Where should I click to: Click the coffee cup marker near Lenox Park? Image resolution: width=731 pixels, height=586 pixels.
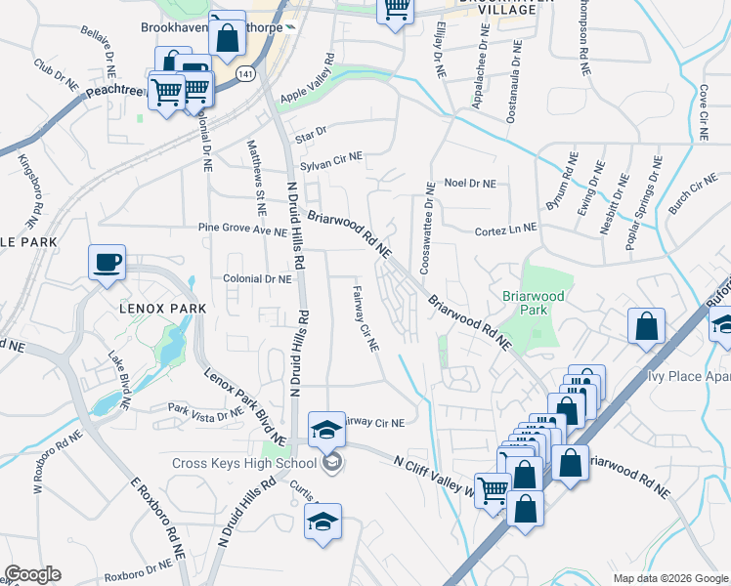[107, 262]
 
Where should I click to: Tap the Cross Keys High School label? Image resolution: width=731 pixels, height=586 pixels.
[244, 463]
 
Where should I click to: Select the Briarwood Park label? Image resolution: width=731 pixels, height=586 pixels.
[533, 301]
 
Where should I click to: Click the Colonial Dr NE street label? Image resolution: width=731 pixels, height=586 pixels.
[258, 278]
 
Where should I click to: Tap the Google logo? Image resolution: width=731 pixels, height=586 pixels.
[32, 574]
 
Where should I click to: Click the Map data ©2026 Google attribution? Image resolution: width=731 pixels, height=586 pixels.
[669, 578]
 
